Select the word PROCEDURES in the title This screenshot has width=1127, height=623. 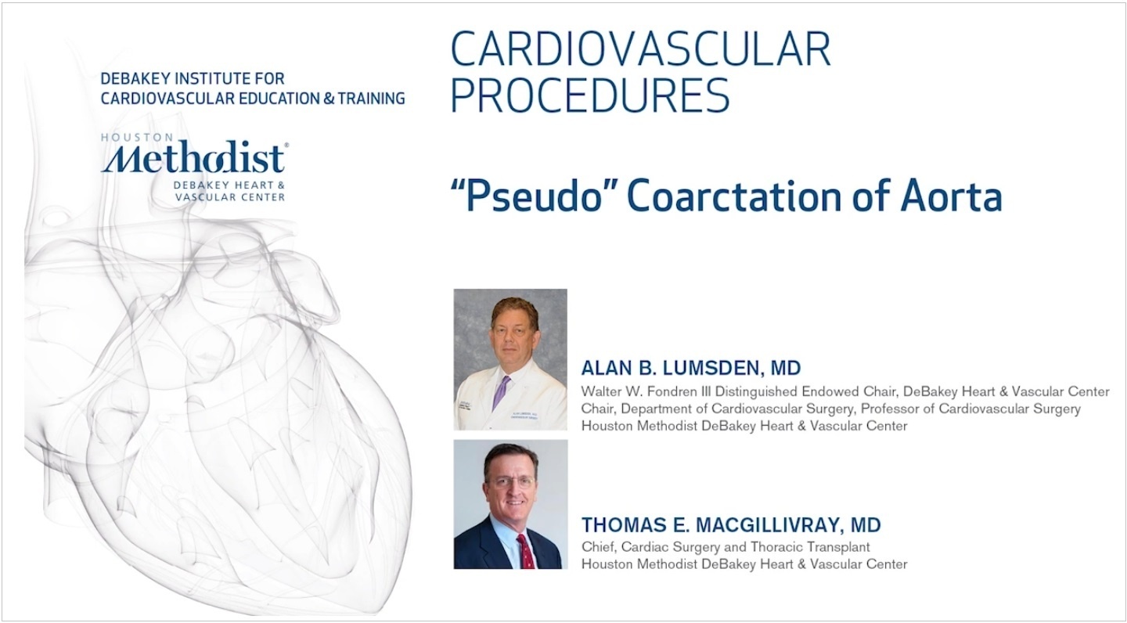tap(589, 95)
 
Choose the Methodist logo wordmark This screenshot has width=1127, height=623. tap(194, 158)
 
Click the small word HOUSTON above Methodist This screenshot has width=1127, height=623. tap(137, 138)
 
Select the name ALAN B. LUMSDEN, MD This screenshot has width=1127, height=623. tap(691, 368)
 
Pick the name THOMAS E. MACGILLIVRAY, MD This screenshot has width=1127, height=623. tap(731, 525)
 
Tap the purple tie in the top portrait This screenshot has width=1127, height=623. tap(501, 393)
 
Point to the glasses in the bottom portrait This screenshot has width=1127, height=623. tap(510, 482)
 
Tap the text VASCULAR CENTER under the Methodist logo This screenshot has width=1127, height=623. tap(230, 197)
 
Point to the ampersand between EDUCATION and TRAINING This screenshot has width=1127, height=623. tap(329, 98)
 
